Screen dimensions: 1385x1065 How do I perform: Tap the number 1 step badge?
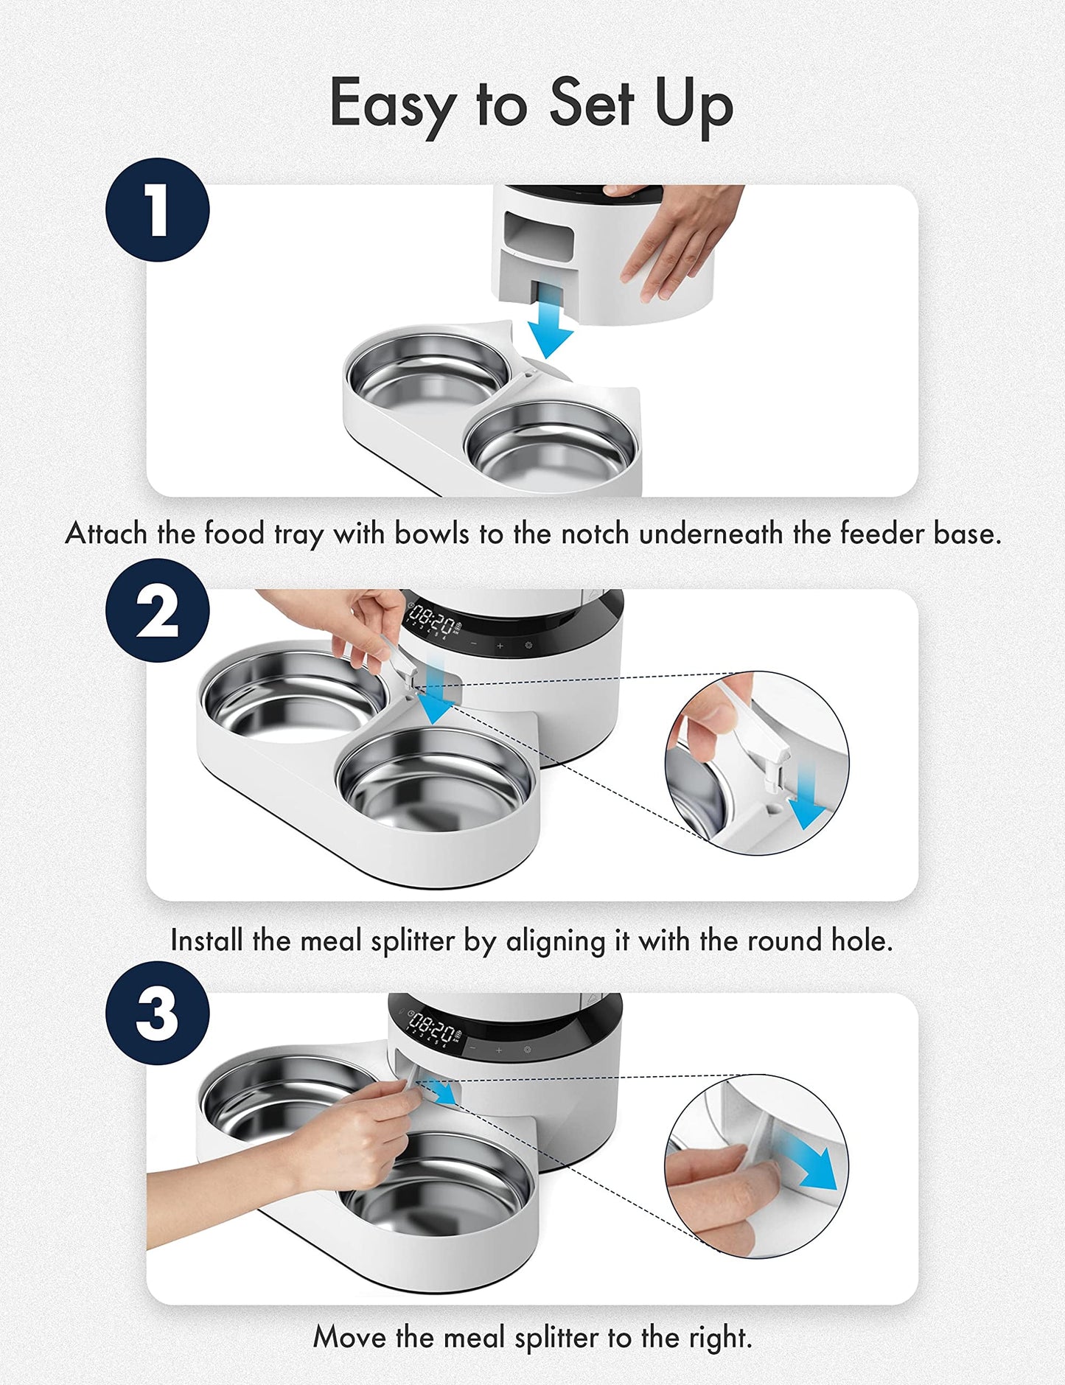157,210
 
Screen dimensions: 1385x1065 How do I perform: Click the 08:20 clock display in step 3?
432,1025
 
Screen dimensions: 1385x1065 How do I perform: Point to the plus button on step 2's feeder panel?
500,646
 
